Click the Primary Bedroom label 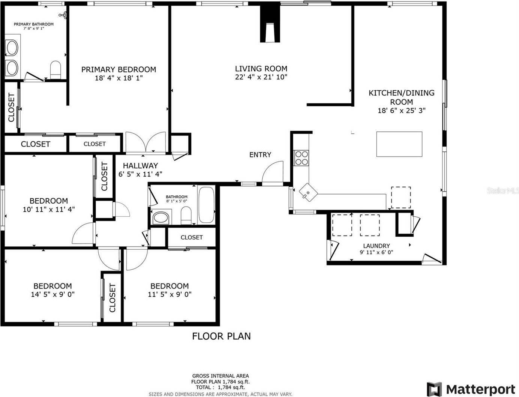click(119, 69)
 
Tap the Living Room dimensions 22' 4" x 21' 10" click(261, 77)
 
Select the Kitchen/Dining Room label click(401, 97)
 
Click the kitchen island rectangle click(399, 144)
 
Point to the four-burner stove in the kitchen click(301, 158)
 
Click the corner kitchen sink click(308, 193)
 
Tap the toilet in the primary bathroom click(56, 70)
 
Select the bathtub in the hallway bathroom click(206, 205)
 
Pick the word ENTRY click(260, 155)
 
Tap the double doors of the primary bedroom click(145, 143)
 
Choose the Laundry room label click(376, 246)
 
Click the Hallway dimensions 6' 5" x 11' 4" click(140, 174)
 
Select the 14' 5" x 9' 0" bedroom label click(53, 294)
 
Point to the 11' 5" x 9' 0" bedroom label click(170, 294)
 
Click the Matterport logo click(471, 389)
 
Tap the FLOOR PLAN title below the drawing click(221, 336)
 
